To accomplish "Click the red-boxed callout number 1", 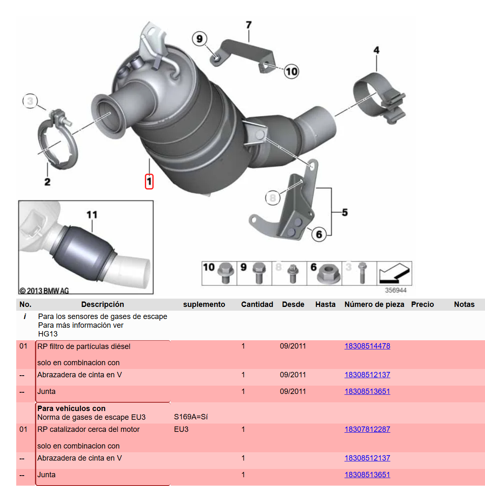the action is click(149, 182).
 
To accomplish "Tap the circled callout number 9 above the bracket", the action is click(199, 39).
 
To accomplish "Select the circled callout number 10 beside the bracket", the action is click(291, 72).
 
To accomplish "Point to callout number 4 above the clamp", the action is click(376, 50).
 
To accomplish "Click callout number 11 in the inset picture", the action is click(92, 214).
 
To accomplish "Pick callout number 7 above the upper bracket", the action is click(249, 25).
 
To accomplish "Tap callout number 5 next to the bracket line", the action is click(345, 212).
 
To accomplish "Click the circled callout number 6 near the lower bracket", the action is click(319, 234).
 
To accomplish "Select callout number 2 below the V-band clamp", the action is click(47, 182).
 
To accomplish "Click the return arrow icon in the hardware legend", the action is click(395, 273).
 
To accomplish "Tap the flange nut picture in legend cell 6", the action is click(328, 273).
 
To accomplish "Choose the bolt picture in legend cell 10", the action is click(225, 273).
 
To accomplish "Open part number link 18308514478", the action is click(367, 346).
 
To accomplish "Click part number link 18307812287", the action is click(367, 429).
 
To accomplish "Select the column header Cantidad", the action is click(257, 304).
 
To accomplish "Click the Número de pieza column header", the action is click(374, 304).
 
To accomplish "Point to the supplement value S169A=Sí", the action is click(191, 417).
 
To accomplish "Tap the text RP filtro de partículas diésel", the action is click(84, 346).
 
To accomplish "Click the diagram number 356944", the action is click(396, 290).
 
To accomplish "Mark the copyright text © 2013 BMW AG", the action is click(44, 291).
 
